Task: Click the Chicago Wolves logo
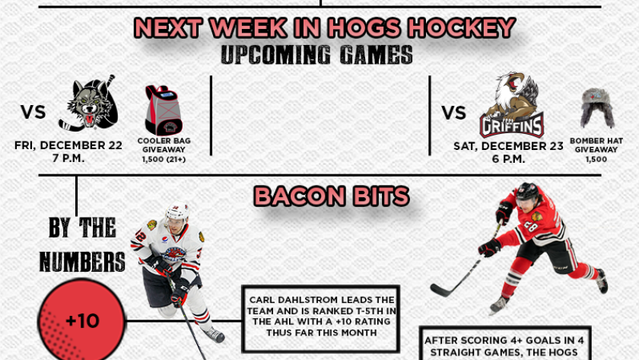point(89,104)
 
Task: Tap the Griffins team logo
point(511,105)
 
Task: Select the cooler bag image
point(164,110)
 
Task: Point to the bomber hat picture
point(597,108)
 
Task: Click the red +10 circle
point(81,320)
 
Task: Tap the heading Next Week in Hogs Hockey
point(325,27)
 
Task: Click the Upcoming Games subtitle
point(316,55)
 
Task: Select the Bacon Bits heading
point(332,196)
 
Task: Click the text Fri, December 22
point(68,145)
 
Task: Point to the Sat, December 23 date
point(508,146)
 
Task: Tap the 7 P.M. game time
point(68,158)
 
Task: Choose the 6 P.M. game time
point(508,159)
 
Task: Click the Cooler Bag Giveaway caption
point(164,145)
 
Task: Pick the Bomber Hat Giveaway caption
point(596,145)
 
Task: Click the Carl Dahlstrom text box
point(321,319)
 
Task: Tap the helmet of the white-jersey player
point(176,213)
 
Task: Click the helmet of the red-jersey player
point(527,192)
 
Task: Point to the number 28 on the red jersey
point(531,227)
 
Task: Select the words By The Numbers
point(82,244)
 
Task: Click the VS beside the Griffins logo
point(454,113)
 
